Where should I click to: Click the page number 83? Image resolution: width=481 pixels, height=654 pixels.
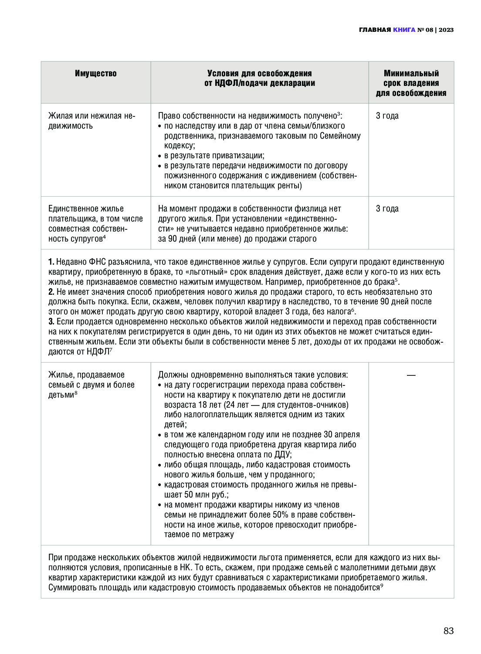(448, 631)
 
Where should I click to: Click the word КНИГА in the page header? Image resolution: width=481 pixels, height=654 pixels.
(404, 30)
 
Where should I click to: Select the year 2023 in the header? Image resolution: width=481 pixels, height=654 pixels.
(446, 30)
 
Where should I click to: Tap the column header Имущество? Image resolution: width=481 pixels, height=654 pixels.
(96, 73)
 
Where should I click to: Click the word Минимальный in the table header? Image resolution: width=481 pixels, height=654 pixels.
(411, 73)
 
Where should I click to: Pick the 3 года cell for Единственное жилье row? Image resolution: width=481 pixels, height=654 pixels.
(387, 209)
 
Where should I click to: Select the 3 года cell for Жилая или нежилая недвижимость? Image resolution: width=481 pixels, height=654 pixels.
(387, 116)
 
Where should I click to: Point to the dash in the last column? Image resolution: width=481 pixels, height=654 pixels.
(411, 375)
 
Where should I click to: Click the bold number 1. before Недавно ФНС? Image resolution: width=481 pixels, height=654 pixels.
(51, 262)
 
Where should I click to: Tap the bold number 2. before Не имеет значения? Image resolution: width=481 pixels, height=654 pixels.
(51, 292)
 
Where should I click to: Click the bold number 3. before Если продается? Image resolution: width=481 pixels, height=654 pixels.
(51, 322)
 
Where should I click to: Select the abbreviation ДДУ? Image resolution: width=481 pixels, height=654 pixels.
(282, 455)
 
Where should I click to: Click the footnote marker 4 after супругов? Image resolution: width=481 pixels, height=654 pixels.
(105, 237)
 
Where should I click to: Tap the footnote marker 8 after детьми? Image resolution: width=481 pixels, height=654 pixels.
(76, 393)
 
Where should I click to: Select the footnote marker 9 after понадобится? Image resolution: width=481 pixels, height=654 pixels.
(382, 586)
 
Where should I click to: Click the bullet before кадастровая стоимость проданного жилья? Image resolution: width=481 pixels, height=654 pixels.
(160, 485)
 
